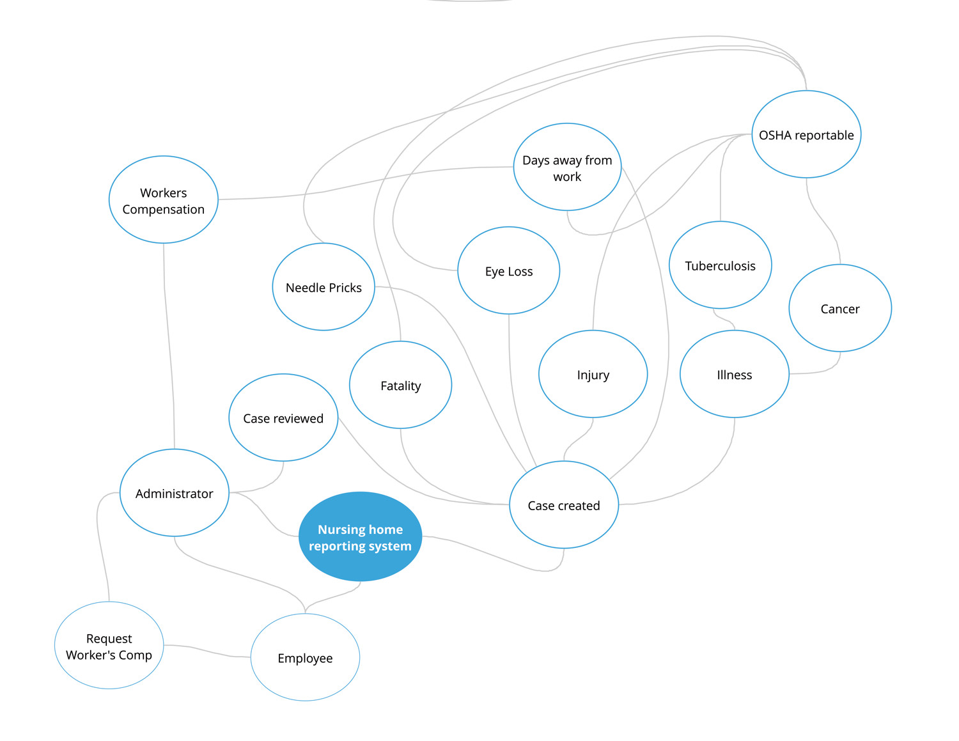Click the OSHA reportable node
(806, 134)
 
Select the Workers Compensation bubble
(163, 199)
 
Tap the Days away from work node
(567, 167)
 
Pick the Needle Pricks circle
(324, 287)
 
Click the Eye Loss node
(508, 270)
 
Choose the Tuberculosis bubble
(721, 265)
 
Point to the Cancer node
(840, 308)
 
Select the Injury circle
(593, 374)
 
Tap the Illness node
(735, 374)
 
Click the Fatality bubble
(400, 385)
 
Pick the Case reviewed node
(283, 417)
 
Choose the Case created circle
(564, 504)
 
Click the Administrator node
(175, 492)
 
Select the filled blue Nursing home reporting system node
(360, 536)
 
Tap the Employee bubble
(305, 657)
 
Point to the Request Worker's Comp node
(109, 645)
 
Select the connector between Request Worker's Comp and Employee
(207, 651)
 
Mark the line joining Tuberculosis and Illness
(724, 318)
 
